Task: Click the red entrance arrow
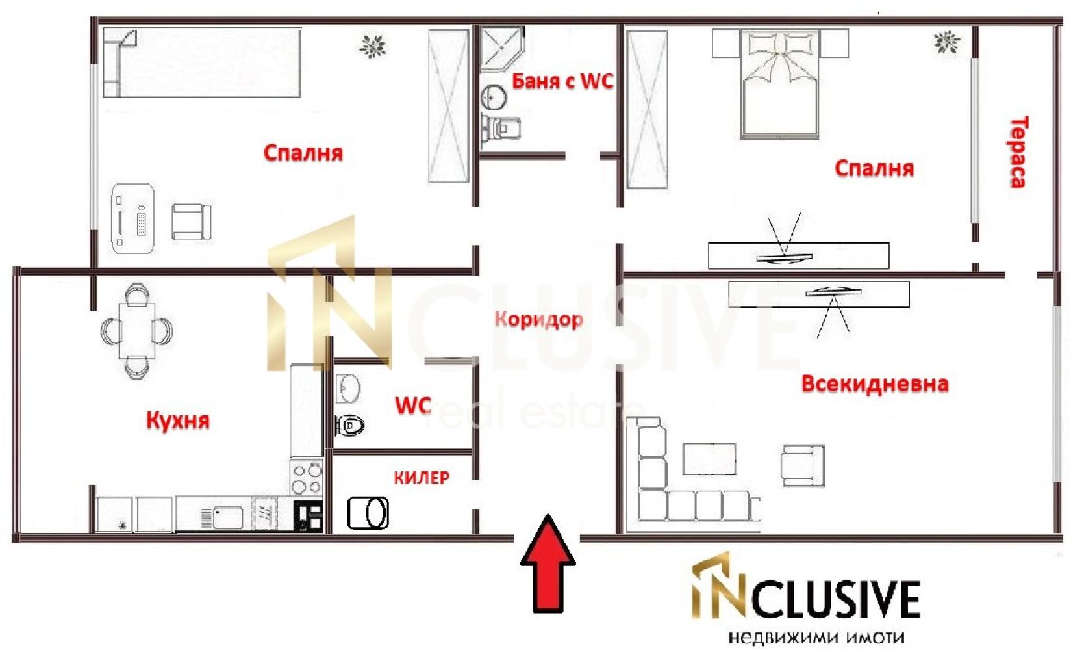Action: [548, 563]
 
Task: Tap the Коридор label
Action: [539, 319]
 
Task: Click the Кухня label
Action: [178, 421]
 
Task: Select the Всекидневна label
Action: [874, 384]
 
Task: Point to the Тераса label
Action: [1018, 152]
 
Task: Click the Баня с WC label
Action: [562, 81]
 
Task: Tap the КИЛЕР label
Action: [422, 478]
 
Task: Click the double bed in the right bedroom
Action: [780, 84]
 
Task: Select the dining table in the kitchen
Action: [137, 331]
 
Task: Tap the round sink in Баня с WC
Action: [494, 98]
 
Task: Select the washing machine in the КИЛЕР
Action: [368, 513]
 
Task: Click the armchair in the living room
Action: [803, 465]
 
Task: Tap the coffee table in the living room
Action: [709, 459]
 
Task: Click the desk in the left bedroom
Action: [133, 218]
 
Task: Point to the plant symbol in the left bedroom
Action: [373, 46]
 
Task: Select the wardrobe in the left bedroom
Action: [449, 106]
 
